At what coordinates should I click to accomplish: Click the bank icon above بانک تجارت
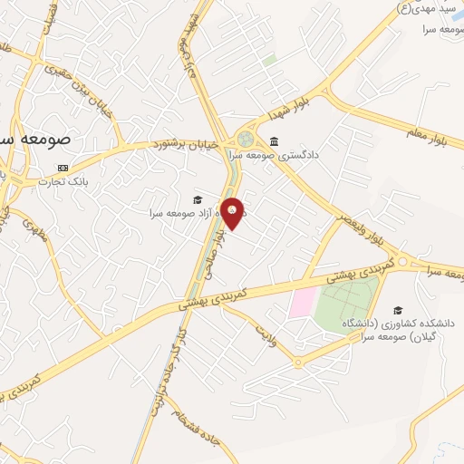click(63, 168)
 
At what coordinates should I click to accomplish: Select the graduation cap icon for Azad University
click(198, 199)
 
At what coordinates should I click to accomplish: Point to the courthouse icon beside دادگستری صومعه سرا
click(274, 141)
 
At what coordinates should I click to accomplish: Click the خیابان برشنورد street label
click(187, 144)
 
